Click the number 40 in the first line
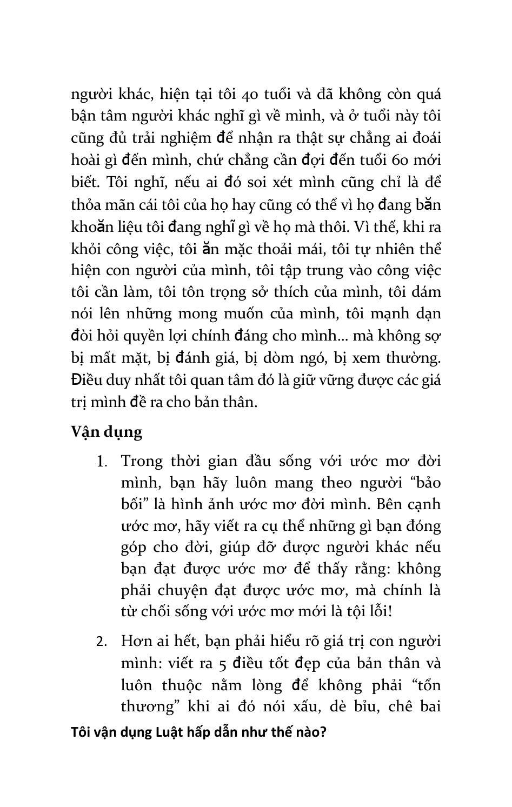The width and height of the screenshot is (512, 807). pyautogui.click(x=249, y=95)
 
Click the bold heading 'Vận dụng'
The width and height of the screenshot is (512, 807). pyautogui.click(x=107, y=432)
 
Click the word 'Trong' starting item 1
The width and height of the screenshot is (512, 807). pyautogui.click(x=141, y=462)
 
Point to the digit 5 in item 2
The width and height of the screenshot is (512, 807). pyautogui.click(x=223, y=663)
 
